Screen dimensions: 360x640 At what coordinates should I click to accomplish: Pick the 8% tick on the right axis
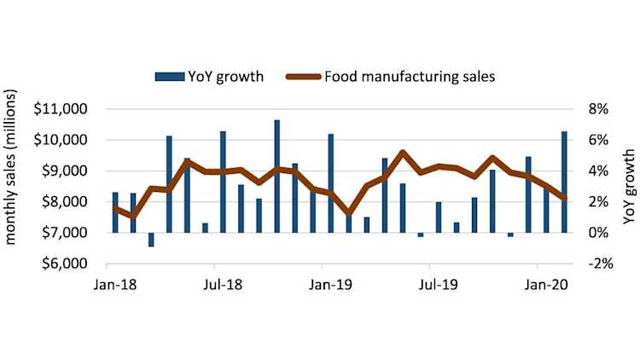[x=596, y=109]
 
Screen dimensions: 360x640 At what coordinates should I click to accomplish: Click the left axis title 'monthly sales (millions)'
[x=14, y=186]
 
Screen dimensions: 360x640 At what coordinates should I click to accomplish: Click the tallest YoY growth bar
[x=276, y=176]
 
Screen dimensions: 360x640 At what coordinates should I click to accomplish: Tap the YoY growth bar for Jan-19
[x=330, y=183]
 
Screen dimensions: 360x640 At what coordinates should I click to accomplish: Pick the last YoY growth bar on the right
[x=564, y=181]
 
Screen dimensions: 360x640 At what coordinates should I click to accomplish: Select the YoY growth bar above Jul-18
[x=223, y=181]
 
